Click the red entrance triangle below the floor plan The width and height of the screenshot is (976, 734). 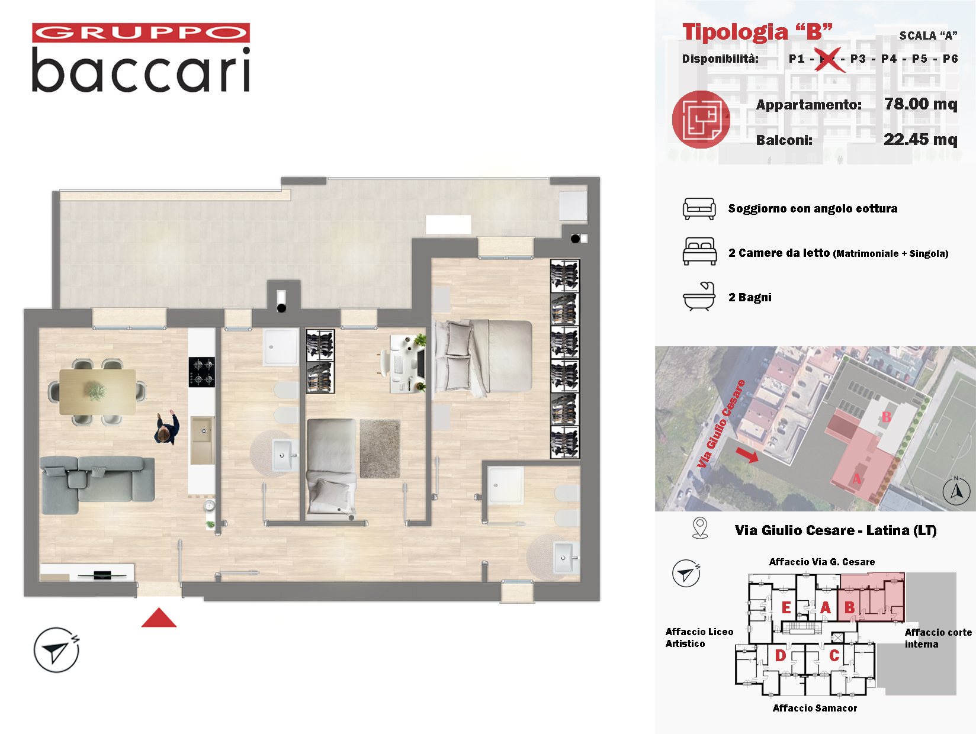click(x=159, y=617)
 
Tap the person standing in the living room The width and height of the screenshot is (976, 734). click(x=167, y=428)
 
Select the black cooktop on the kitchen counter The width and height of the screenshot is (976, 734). click(x=201, y=372)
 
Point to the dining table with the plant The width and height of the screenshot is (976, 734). click(x=97, y=392)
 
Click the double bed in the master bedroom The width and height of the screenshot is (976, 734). click(x=483, y=356)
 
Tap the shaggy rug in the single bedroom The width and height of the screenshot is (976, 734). click(x=380, y=449)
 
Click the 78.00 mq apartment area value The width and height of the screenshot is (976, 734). click(x=920, y=104)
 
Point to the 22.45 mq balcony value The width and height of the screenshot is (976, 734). click(x=920, y=140)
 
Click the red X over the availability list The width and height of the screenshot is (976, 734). click(x=829, y=60)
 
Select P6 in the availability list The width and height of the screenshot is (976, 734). click(x=950, y=59)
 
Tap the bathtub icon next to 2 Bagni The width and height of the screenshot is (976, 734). click(x=699, y=297)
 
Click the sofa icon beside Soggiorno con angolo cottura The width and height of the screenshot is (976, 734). click(x=699, y=209)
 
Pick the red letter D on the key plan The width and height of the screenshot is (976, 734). click(x=781, y=655)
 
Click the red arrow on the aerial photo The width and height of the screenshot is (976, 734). click(x=747, y=455)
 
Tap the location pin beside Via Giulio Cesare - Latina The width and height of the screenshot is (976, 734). click(x=700, y=528)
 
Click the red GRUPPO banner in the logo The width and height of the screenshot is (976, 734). click(x=141, y=33)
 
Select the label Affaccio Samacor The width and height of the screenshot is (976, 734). click(x=814, y=708)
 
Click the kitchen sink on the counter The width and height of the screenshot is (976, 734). click(x=203, y=440)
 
